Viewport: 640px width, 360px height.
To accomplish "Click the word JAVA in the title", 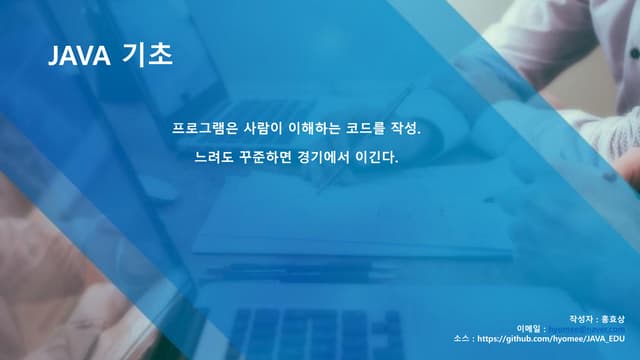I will [x=79, y=57].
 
